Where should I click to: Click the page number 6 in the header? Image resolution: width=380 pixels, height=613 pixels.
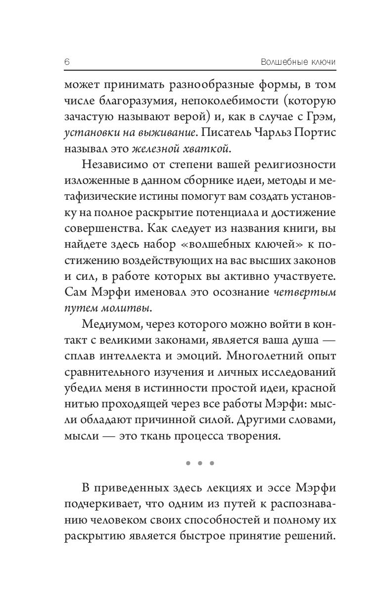[67, 63]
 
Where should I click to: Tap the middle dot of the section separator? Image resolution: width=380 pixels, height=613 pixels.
[199, 464]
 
